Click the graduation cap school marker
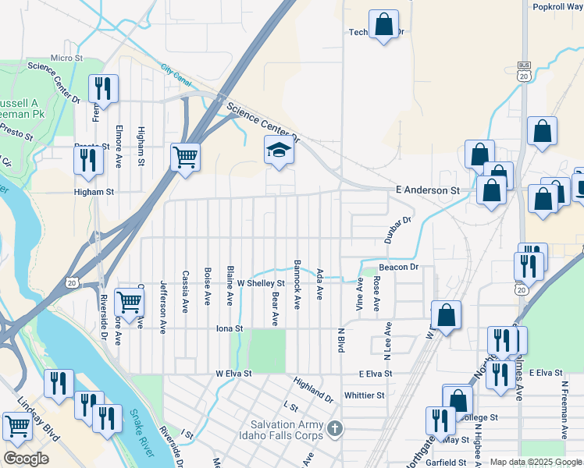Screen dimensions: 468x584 (278, 149)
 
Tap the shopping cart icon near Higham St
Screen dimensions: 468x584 (185, 158)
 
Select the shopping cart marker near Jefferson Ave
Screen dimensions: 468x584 (128, 300)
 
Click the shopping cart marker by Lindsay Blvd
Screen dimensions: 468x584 (17, 425)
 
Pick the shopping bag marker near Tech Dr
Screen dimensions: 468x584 (383, 24)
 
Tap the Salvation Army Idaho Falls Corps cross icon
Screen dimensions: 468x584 (335, 429)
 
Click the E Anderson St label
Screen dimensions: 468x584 (427, 190)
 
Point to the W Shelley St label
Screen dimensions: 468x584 (261, 283)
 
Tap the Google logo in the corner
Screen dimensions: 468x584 (26, 459)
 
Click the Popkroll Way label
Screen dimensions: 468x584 (557, 6)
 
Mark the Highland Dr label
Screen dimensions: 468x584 (314, 390)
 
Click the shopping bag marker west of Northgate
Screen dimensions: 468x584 (446, 315)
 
